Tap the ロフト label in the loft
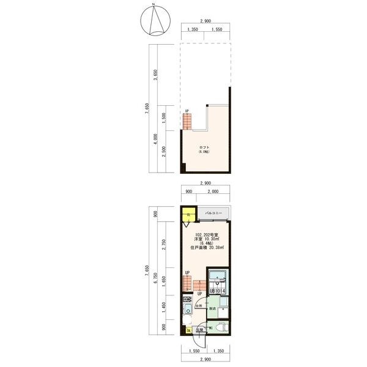(x=204, y=147)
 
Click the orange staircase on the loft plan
(x=187, y=122)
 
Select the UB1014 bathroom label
(x=218, y=291)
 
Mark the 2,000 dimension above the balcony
(x=213, y=191)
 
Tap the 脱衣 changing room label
(x=212, y=309)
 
